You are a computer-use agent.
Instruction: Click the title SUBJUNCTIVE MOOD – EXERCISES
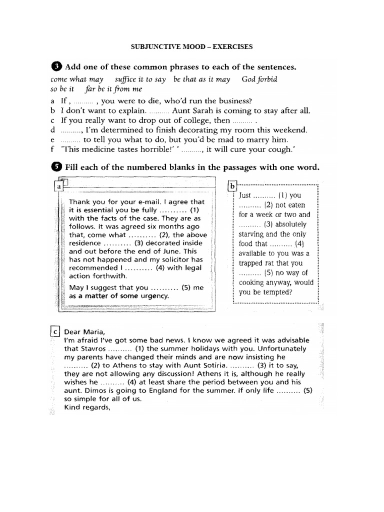tap(192, 47)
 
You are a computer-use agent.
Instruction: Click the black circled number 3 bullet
tap(56, 66)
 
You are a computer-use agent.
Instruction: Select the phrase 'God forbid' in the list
tap(259, 79)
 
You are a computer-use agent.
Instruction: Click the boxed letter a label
tap(59, 186)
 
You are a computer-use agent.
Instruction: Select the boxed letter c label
tap(55, 330)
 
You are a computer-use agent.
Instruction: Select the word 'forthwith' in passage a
tap(111, 275)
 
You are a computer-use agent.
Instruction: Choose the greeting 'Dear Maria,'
tap(84, 331)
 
